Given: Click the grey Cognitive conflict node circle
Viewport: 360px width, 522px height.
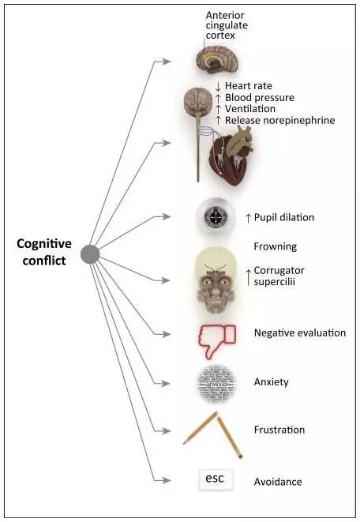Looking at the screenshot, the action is coord(90,254).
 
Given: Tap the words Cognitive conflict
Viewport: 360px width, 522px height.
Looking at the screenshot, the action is coord(44,252).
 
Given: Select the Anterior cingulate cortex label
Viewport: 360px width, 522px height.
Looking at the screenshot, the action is coord(227,25).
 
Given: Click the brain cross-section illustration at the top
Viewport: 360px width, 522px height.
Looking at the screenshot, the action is coord(217,60).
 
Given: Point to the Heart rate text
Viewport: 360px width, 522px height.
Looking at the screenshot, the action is coord(249,86).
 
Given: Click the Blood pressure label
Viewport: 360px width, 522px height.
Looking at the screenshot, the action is coord(260,98).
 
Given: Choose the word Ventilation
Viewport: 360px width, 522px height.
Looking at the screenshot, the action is coord(250,109).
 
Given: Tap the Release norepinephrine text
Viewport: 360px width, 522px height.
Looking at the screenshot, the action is coord(279,120).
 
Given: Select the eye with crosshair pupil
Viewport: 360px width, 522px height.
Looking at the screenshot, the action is coord(216,217).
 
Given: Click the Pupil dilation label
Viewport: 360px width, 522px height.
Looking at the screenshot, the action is coord(284,217).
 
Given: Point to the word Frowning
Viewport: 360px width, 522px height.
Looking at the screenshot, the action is coord(276,246).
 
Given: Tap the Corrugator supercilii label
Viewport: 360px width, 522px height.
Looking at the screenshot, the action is coord(279,276).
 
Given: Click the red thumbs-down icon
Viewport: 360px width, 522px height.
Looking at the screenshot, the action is coord(217,341).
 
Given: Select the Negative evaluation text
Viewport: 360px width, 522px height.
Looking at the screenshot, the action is coord(300,333).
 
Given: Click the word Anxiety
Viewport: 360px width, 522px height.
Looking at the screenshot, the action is coord(271,382).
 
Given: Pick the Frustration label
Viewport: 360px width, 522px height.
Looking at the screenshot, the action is coord(279,430).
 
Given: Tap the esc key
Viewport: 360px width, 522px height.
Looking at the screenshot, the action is coord(216,479).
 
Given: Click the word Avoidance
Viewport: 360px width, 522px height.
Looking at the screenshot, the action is coord(278,482).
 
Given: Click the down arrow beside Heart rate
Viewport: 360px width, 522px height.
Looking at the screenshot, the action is coord(218,87).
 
